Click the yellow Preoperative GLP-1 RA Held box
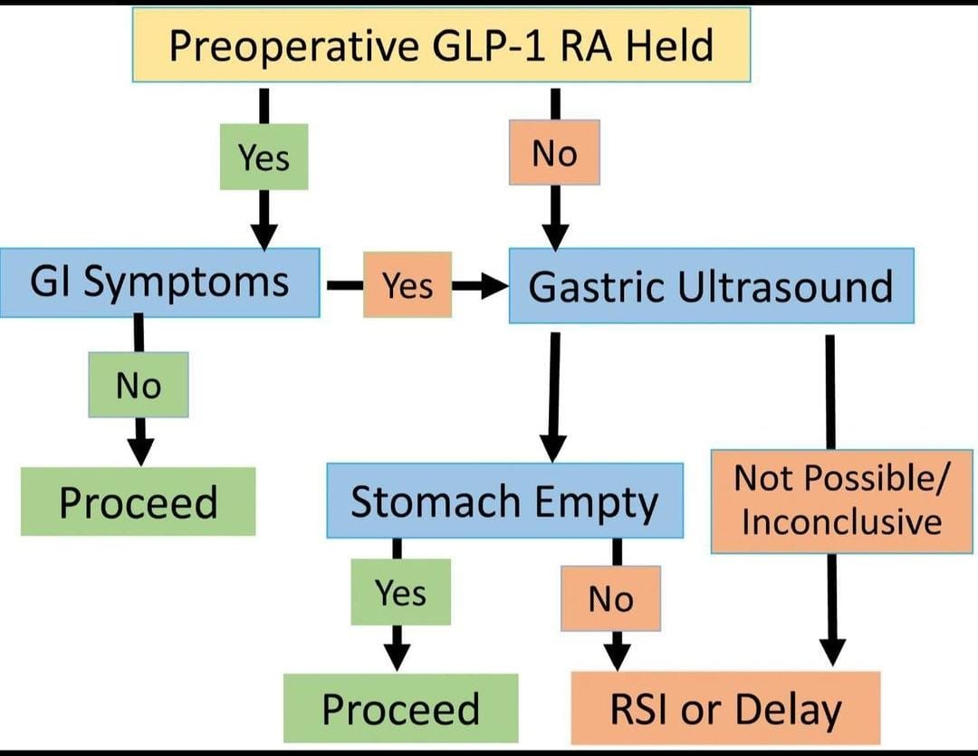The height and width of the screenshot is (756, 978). point(441,45)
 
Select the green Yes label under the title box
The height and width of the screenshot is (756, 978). point(264,158)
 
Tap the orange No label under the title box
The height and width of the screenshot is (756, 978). point(554,153)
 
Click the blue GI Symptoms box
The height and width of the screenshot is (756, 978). point(159,282)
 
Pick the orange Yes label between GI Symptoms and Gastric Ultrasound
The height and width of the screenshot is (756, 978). point(407,285)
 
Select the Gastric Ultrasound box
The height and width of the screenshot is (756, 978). point(711,286)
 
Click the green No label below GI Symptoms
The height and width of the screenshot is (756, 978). point(139,385)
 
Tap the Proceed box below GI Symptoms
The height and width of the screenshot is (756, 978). point(138,502)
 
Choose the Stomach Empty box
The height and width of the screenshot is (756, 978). point(504,501)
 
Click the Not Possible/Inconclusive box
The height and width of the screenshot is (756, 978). point(841,501)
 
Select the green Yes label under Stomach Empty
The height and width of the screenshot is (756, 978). point(400,592)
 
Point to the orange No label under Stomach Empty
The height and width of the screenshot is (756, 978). point(610,598)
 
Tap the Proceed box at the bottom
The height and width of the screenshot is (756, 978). point(400,708)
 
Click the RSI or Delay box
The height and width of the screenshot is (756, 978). point(725,708)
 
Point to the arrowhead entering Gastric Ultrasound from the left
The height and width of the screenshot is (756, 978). point(494,286)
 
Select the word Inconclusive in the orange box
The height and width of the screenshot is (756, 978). point(841,522)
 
